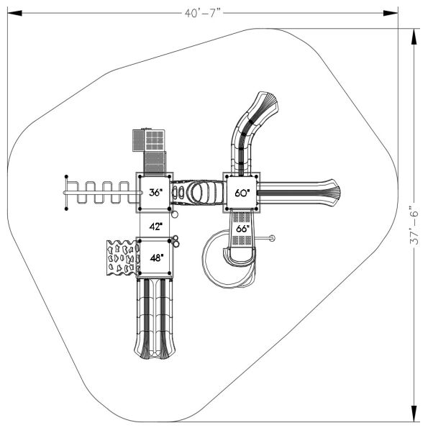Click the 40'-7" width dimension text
[203, 13]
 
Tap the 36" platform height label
[155, 193]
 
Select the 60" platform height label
[242, 193]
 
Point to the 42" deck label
[156, 227]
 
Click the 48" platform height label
[157, 258]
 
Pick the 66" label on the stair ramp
[242, 229]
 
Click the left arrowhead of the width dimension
[14, 13]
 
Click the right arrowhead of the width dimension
[391, 13]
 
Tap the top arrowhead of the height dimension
[414, 36]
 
